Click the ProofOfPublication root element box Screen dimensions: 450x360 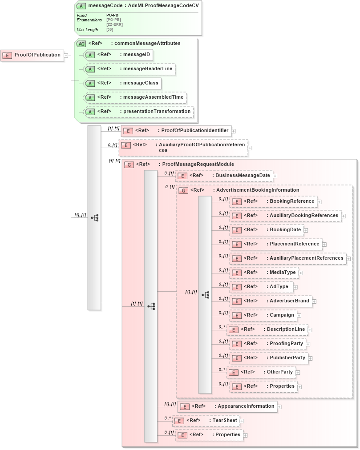tap(32, 55)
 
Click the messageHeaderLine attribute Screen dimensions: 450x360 tap(129, 69)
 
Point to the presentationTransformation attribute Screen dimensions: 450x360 tap(138, 112)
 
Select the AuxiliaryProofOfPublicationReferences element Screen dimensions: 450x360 tap(183, 148)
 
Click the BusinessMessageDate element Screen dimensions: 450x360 tap(224, 176)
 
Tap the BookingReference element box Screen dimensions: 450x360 tap(273, 201)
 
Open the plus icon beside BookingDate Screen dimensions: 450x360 tap(306, 230)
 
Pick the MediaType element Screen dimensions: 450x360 tap(263, 273)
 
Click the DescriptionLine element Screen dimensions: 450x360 tap(267, 329)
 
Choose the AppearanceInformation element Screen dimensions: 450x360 tap(227, 406)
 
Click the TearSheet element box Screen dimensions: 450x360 tap(206, 421)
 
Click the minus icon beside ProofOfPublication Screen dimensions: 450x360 tap(66, 56)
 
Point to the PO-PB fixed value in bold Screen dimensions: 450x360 tap(112, 15)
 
